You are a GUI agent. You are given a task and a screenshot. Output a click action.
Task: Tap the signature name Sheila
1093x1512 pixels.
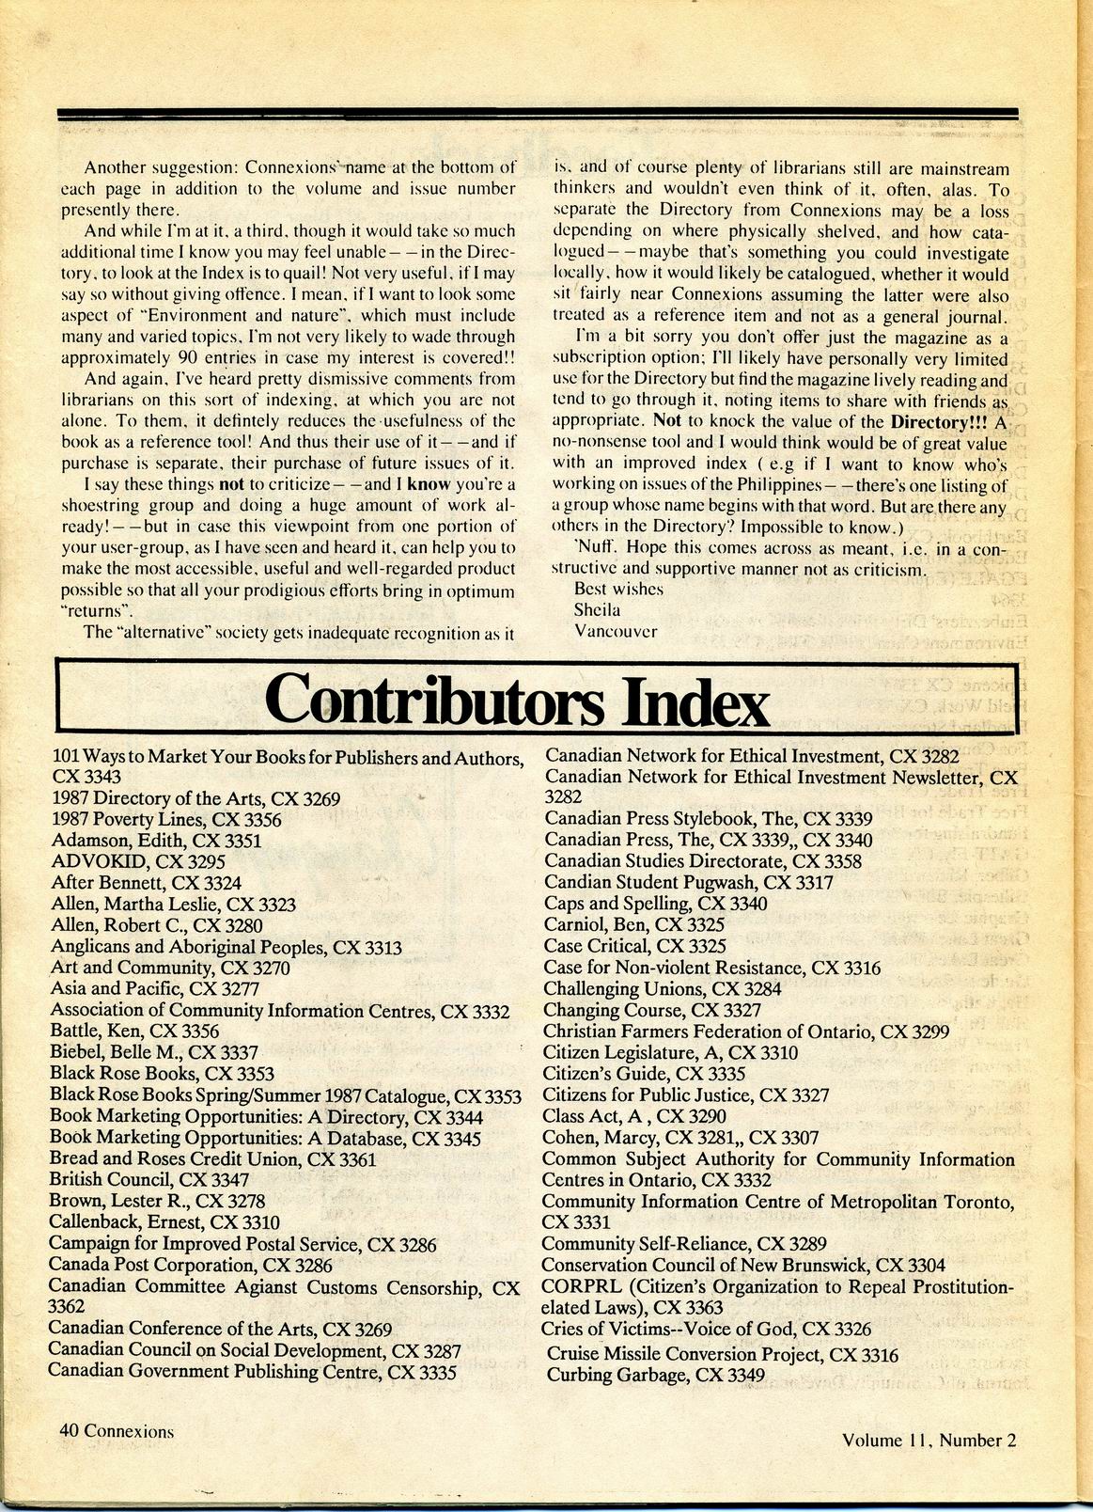coord(597,609)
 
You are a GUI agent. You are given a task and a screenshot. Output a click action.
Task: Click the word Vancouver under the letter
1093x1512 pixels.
coord(615,631)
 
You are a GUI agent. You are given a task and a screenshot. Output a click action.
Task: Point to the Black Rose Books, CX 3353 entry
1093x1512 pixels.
coord(162,1074)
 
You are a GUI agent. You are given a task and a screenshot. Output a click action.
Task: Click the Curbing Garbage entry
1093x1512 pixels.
coord(655,1376)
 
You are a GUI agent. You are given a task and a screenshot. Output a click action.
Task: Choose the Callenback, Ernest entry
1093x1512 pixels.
coord(164,1222)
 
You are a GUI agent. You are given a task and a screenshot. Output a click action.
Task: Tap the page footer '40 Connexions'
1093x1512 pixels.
coord(117,1431)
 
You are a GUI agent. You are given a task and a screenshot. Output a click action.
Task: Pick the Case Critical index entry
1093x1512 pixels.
coord(634,946)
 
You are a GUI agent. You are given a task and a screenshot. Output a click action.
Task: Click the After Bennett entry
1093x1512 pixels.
coord(146,883)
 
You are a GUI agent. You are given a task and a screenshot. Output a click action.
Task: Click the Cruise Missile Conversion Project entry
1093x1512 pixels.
coord(722,1355)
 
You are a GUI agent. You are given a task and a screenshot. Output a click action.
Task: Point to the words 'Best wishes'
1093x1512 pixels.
coord(618,589)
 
